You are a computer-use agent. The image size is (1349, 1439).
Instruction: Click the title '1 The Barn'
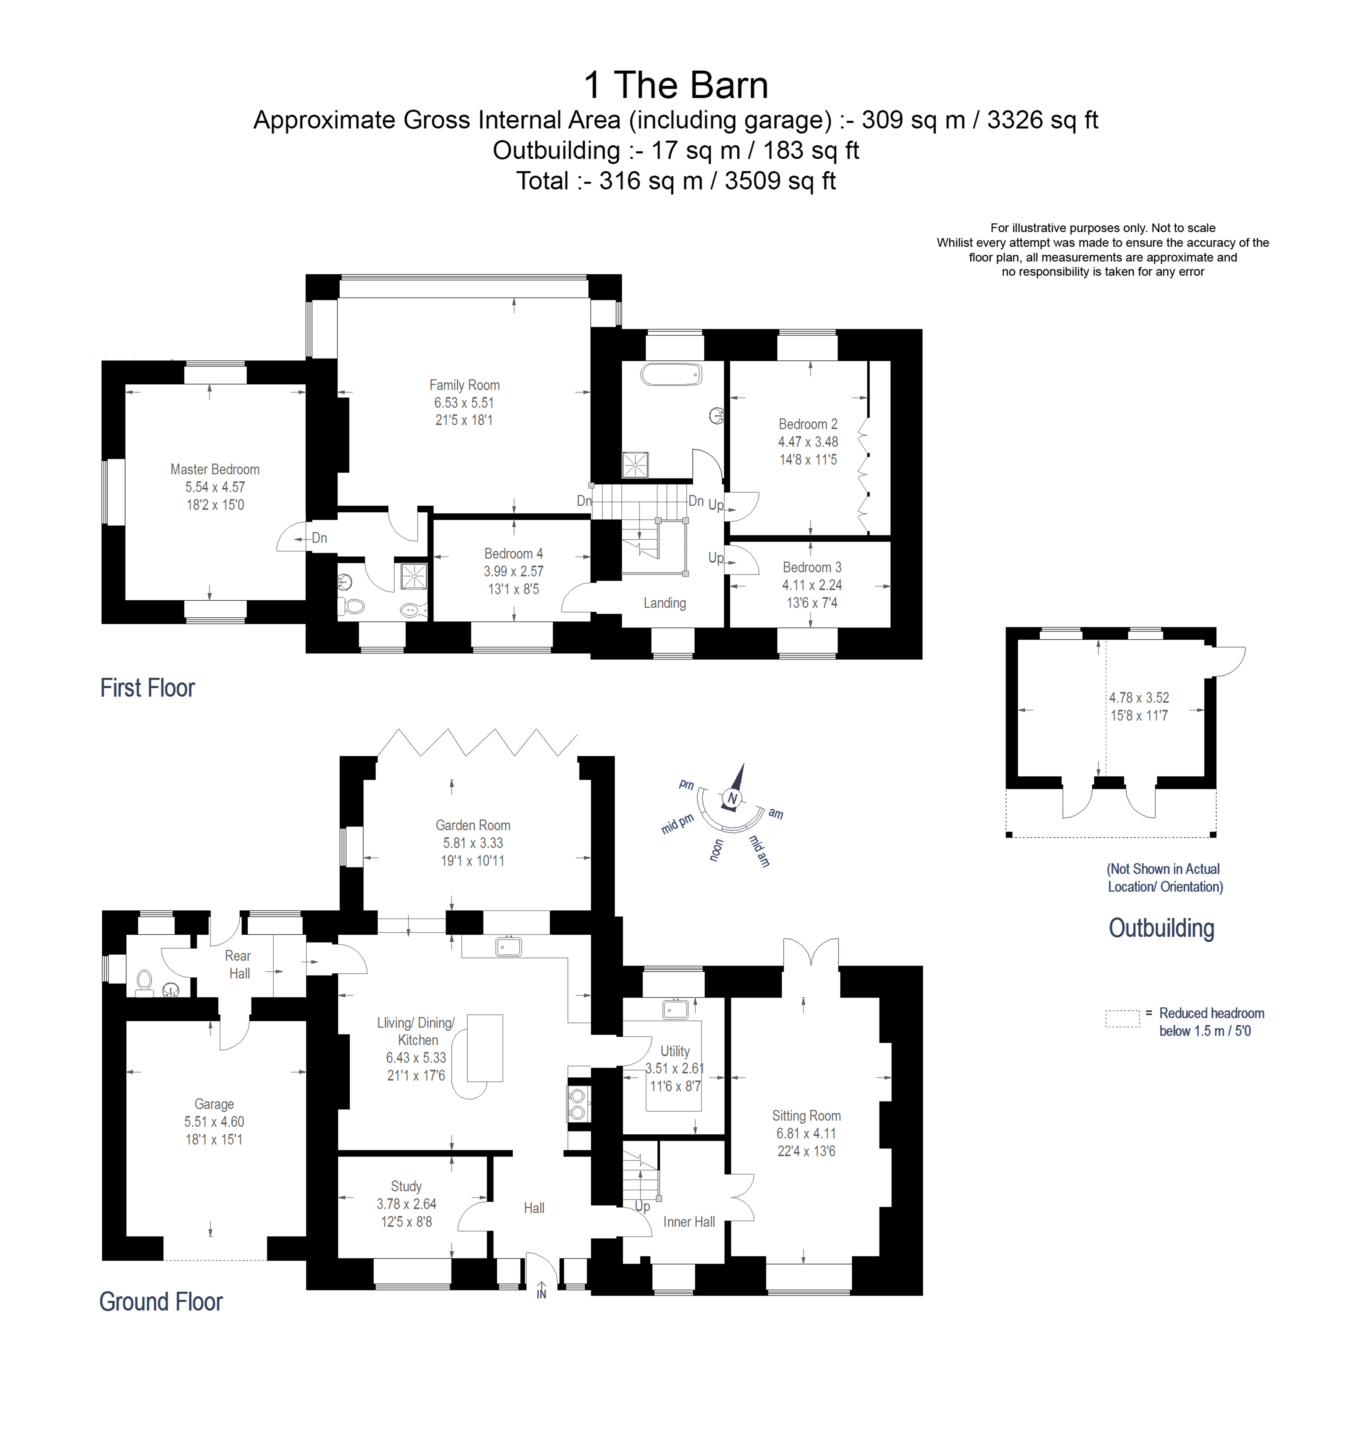point(675,86)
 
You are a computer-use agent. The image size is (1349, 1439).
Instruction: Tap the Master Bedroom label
point(215,469)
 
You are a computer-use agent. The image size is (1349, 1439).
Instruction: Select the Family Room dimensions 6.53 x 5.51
point(464,403)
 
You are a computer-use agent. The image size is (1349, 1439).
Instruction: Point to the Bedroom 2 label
point(808,424)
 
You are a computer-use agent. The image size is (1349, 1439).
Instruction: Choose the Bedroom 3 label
point(811,567)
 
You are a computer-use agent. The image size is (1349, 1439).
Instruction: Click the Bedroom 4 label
point(513,554)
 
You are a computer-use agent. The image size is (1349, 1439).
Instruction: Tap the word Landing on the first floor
point(664,603)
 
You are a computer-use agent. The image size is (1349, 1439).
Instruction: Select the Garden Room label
point(473,825)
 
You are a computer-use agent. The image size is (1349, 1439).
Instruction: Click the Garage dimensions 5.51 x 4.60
point(214,1121)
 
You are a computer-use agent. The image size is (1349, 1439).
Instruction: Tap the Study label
point(406,1186)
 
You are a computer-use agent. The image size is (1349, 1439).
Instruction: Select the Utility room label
point(674,1051)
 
